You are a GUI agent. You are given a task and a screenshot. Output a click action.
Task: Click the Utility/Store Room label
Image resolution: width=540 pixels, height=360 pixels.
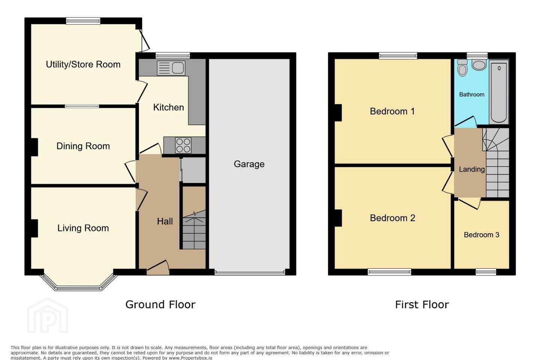click(83, 64)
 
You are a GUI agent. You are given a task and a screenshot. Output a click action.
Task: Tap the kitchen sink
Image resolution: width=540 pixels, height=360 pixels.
click(171, 67)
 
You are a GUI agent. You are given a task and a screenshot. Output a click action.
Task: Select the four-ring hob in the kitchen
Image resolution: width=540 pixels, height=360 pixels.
click(183, 145)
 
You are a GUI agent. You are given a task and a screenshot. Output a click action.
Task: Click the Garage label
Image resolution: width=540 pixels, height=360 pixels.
click(249, 164)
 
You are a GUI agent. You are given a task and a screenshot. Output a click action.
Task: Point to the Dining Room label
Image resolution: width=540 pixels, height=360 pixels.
click(83, 146)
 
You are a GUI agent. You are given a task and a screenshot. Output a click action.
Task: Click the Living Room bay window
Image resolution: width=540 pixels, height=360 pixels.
click(79, 282)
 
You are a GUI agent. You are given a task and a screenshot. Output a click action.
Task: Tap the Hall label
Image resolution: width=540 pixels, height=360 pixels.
click(165, 221)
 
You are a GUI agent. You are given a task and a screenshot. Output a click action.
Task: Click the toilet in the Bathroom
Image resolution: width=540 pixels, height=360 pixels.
click(462, 68)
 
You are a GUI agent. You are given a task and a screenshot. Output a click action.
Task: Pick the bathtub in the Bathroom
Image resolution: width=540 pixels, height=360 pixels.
click(499, 92)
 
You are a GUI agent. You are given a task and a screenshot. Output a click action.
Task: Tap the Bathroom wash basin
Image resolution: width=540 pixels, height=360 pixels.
click(479, 65)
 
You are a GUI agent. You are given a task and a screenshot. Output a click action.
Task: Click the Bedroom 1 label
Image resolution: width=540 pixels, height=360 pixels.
click(392, 111)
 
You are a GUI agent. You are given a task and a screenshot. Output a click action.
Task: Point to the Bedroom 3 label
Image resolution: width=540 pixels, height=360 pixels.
click(481, 235)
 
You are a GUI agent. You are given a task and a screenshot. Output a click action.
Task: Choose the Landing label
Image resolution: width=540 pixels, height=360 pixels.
click(471, 169)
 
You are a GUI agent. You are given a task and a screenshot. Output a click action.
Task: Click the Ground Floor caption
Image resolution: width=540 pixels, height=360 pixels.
click(160, 304)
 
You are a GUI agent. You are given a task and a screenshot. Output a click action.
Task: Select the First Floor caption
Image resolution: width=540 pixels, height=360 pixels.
click(422, 304)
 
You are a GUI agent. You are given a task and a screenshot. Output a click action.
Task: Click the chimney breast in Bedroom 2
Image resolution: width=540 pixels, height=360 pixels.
click(338, 218)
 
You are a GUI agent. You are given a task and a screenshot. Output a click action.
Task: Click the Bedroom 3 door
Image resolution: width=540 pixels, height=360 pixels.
click(469, 204)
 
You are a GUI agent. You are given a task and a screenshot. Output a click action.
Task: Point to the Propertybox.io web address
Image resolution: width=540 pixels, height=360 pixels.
click(190, 358)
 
